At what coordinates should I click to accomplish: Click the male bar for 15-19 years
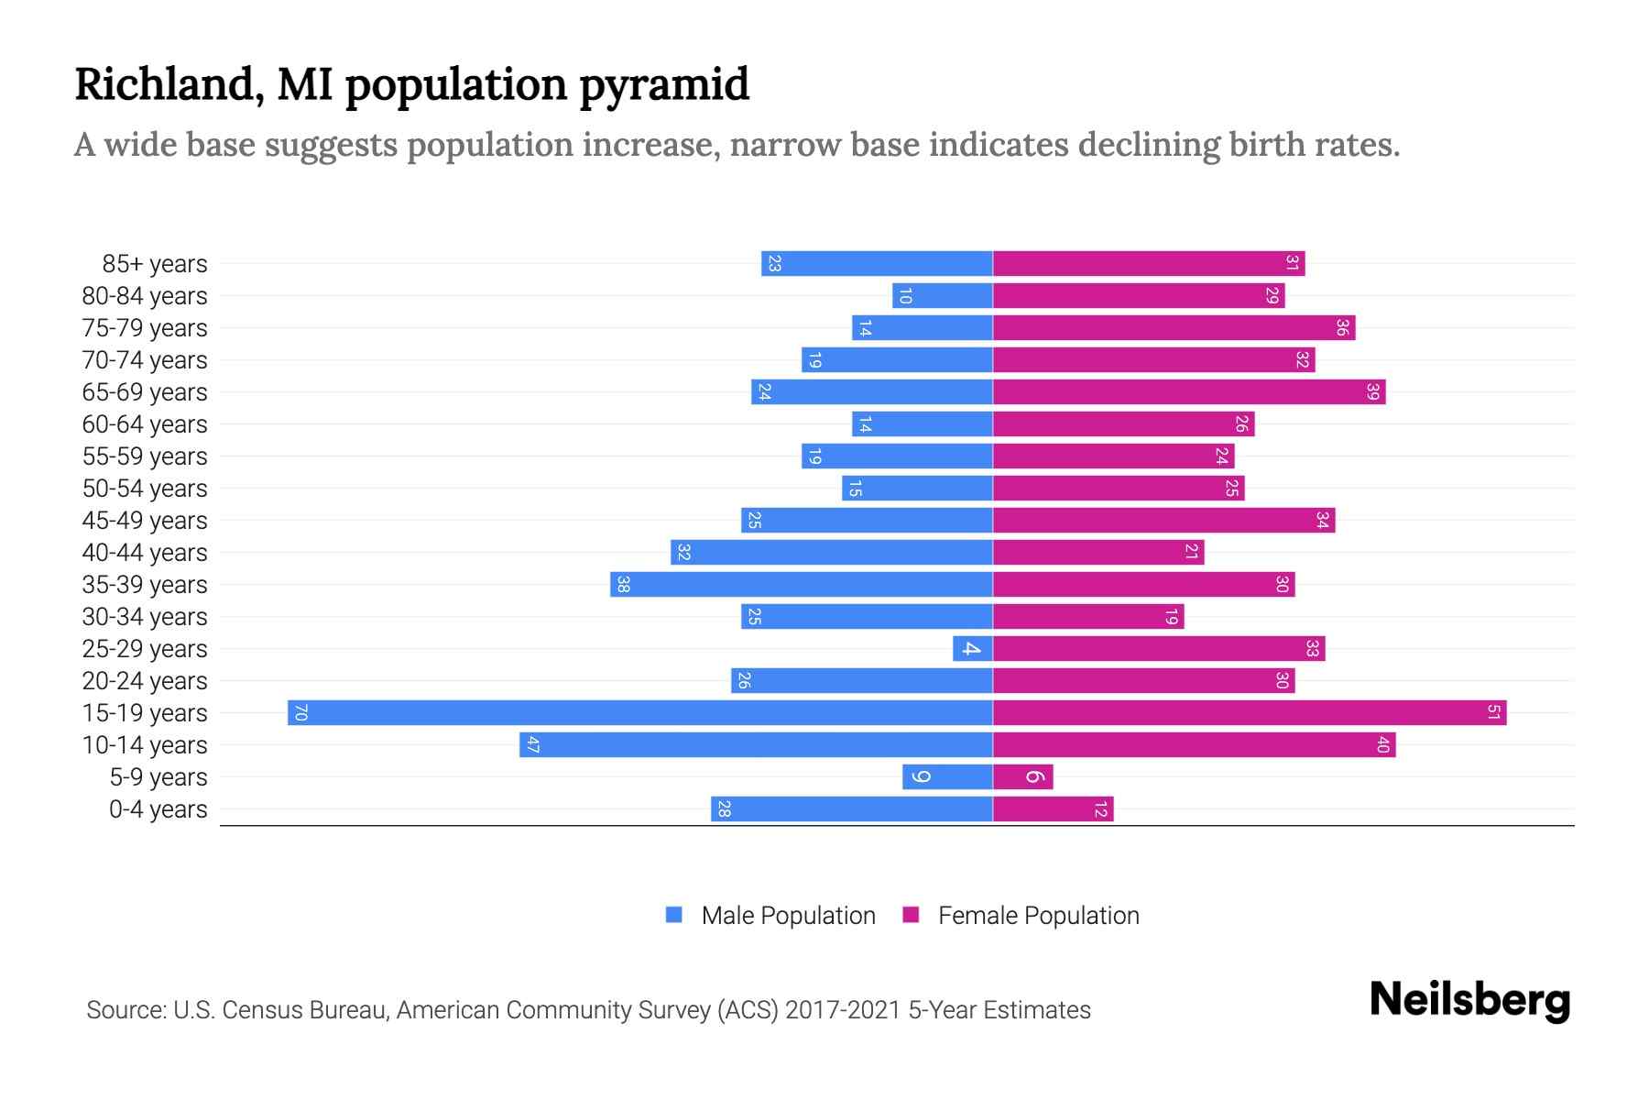click(x=639, y=712)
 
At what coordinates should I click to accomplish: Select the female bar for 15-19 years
click(x=1250, y=712)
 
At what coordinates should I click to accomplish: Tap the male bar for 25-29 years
click(x=972, y=648)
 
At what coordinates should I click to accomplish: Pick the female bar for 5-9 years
click(x=1022, y=776)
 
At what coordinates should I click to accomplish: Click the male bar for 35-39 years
click(x=802, y=584)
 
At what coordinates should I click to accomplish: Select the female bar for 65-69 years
click(x=1189, y=391)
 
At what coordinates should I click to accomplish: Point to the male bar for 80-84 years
click(x=943, y=295)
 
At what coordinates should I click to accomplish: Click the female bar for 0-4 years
click(x=1054, y=808)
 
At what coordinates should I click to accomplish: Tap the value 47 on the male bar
click(x=532, y=744)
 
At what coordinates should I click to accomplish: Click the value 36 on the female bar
click(x=1342, y=327)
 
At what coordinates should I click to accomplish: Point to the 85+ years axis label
click(x=155, y=264)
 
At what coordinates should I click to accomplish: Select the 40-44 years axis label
click(x=145, y=553)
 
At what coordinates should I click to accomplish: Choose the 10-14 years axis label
click(x=145, y=745)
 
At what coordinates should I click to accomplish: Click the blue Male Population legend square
click(x=674, y=915)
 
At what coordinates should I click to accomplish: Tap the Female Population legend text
click(x=1038, y=915)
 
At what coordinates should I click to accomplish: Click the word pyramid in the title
click(x=664, y=84)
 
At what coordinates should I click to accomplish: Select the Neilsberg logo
click(x=1469, y=999)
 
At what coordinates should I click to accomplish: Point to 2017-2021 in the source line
click(x=843, y=1010)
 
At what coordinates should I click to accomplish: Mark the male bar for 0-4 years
click(x=852, y=808)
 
